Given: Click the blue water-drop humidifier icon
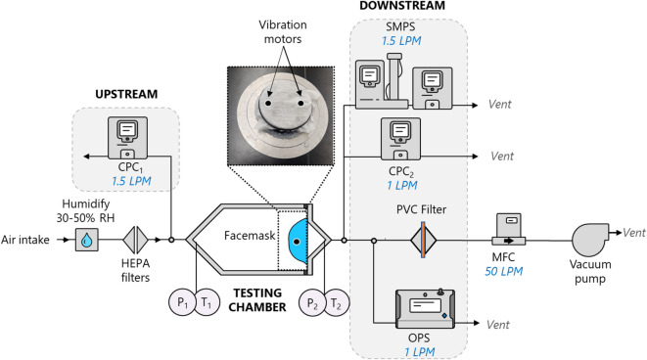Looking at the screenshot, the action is tap(87, 240).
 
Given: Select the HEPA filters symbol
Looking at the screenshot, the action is tap(135, 240).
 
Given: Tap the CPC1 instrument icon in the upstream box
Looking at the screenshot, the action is tap(127, 138).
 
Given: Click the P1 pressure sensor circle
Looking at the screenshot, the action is tap(181, 302).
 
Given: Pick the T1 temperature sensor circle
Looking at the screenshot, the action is tap(207, 302).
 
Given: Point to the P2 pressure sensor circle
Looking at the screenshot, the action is tap(312, 303).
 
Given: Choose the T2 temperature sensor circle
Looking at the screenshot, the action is tap(337, 303).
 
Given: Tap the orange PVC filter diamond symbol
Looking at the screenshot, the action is tap(424, 240).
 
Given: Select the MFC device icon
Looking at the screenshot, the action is tap(509, 229).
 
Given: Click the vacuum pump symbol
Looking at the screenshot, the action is tap(590, 239).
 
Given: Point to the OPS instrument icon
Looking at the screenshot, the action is tap(426, 308).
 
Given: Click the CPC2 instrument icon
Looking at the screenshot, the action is tap(400, 139).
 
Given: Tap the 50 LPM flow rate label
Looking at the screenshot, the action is tap(503, 271).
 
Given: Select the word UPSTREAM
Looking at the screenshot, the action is tap(126, 94).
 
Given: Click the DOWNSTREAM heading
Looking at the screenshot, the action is tap(402, 6).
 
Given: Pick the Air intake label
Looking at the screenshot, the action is tap(25, 240).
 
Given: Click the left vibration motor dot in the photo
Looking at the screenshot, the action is tap(268, 103).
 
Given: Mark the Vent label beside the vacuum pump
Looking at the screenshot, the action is tap(634, 233).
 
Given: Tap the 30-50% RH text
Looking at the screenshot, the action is tap(85, 218).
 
